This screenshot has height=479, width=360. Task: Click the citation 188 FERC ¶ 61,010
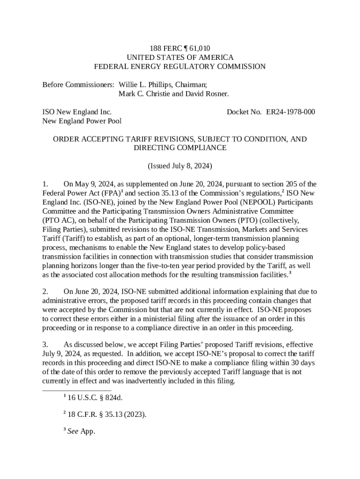180,48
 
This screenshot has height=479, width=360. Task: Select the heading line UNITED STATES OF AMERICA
180,57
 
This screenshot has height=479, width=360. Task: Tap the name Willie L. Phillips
142,85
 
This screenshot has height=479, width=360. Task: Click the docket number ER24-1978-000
290,112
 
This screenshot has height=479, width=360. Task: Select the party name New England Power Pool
82,121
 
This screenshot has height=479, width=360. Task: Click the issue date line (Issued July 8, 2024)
180,166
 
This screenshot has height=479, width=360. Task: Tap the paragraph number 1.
45,184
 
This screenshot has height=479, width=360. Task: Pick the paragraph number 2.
45,291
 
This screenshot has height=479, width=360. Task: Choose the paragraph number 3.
45,345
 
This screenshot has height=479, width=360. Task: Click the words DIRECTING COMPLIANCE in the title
180,148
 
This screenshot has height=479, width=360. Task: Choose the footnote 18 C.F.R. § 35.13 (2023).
107,414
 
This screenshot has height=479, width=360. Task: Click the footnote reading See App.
81,431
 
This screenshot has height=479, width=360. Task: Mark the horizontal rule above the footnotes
77,390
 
